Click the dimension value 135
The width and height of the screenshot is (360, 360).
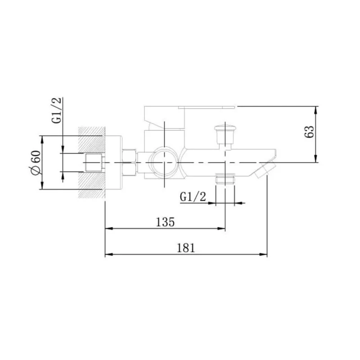click(x=165, y=222)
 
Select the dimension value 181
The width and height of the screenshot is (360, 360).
click(x=186, y=248)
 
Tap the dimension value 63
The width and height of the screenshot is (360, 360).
click(x=309, y=131)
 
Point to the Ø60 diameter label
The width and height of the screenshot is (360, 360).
click(x=36, y=162)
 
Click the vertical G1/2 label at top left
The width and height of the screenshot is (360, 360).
click(x=57, y=110)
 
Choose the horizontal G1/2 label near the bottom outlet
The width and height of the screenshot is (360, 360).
click(x=193, y=197)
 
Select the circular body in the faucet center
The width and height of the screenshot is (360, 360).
click(x=165, y=162)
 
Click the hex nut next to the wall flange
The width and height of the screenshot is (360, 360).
click(x=130, y=163)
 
